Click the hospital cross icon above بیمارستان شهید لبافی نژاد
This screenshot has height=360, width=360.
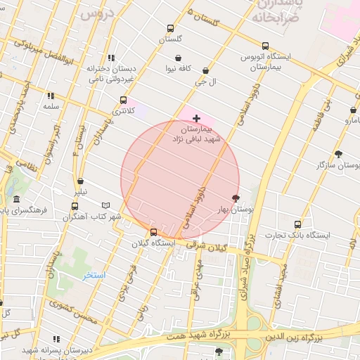pos(196,118)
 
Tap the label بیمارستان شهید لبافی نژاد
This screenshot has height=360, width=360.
pos(196,135)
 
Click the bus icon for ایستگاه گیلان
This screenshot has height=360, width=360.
pos(154,233)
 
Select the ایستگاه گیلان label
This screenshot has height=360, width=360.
pos(154,243)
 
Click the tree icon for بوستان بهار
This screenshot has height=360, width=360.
pos(236,198)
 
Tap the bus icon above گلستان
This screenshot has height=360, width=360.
pos(170,29)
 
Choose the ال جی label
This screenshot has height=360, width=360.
pos(205,82)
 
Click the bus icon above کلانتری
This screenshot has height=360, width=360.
pos(124,101)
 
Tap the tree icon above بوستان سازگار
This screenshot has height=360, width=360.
pos(339,154)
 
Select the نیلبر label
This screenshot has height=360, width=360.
pos(82,191)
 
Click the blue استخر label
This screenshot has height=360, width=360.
pos(94,275)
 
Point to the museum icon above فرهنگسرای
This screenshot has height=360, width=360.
pos(17,199)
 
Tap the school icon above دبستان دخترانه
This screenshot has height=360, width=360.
pos(111,58)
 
